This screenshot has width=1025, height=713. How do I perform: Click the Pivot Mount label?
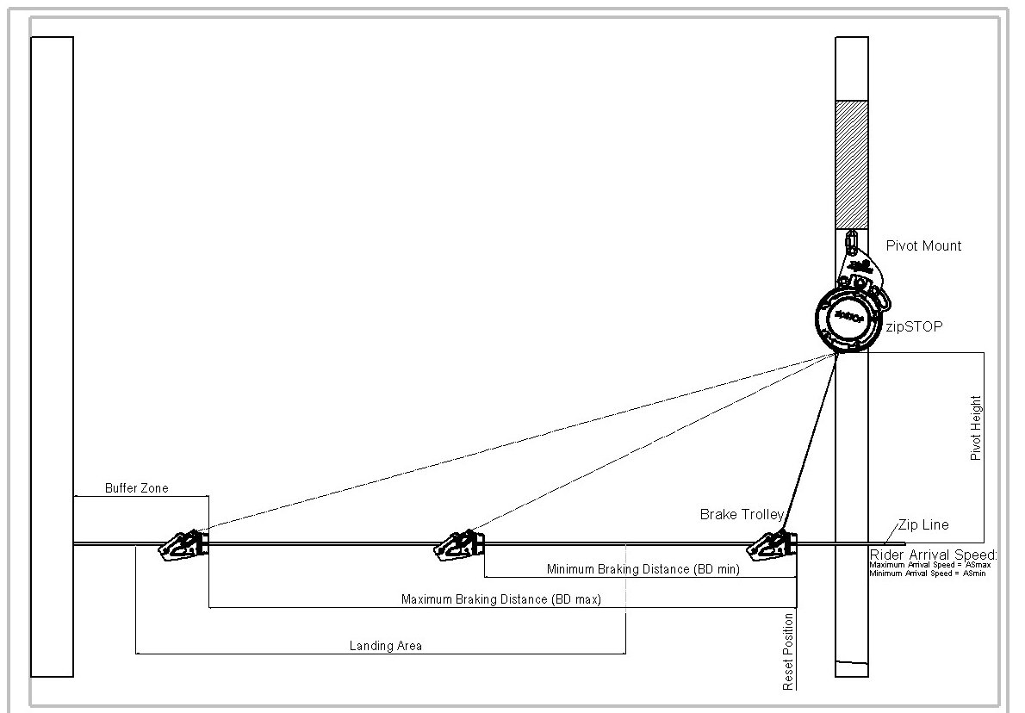coord(923,245)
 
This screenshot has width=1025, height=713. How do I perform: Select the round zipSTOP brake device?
coord(844,319)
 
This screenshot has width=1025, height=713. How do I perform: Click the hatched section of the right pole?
coord(851,164)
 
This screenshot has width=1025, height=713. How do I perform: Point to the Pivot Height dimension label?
coord(976,428)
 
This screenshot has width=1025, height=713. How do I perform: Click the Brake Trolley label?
coord(742,515)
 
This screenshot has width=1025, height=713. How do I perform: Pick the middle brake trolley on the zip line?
coord(460,545)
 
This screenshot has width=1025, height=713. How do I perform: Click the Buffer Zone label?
coord(137,488)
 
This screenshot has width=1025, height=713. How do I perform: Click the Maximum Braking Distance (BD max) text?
coord(501,598)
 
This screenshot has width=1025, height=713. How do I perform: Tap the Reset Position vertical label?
coord(787,652)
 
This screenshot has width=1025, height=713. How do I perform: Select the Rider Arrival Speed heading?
coord(934,555)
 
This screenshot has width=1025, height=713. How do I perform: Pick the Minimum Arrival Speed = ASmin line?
coord(927,573)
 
